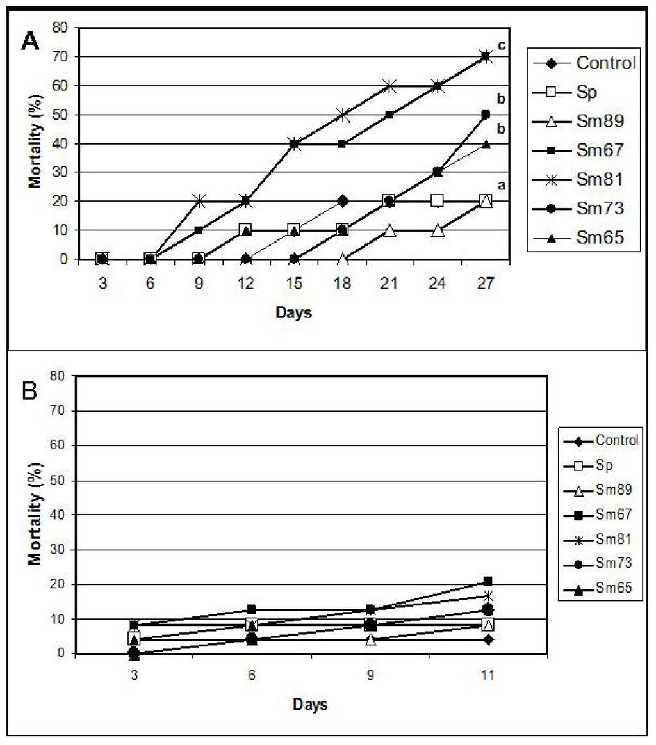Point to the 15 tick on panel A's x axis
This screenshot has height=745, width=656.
(294, 284)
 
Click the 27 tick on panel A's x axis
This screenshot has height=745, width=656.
(486, 284)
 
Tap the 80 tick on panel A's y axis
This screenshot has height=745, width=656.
(62, 28)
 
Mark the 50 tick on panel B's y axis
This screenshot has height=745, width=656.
(62, 480)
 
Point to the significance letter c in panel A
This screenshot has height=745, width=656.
(502, 46)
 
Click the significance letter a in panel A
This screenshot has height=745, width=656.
(502, 185)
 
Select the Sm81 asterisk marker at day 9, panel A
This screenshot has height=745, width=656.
(199, 201)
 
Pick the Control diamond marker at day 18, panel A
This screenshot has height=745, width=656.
(342, 201)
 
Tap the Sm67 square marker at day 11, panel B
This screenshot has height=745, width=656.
(488, 581)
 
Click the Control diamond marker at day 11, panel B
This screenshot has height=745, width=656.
(488, 639)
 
